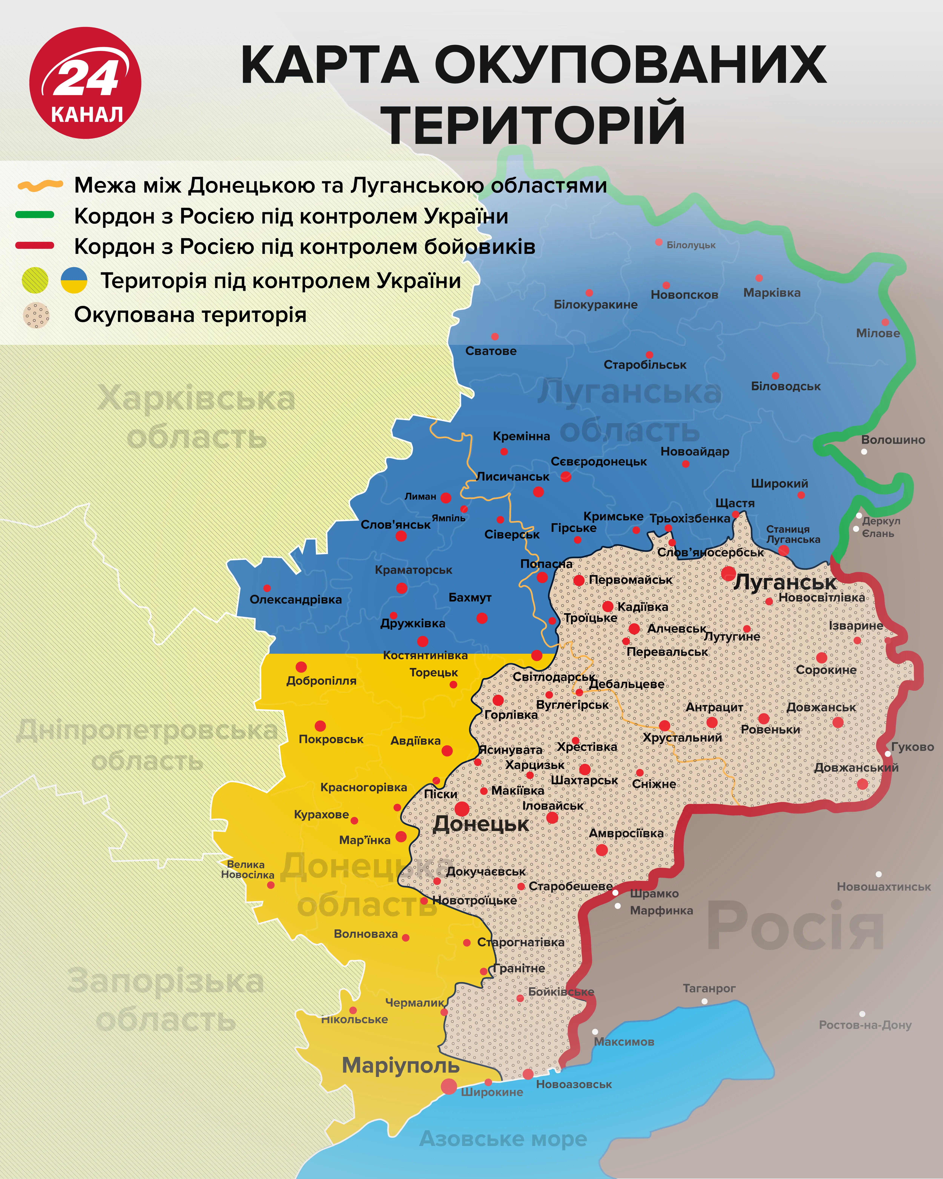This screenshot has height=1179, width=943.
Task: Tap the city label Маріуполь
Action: pyautogui.click(x=401, y=1065)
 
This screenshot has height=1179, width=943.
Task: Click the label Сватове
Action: pyautogui.click(x=491, y=351)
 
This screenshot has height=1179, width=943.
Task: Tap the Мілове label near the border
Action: pyautogui.click(x=877, y=333)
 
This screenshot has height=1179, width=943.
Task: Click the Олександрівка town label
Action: pyautogui.click(x=296, y=599)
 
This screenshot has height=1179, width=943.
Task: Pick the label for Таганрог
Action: pyautogui.click(x=709, y=988)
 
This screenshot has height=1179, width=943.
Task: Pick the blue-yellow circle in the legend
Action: pyautogui.click(x=74, y=280)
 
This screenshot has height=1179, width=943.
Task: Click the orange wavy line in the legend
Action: pyautogui.click(x=40, y=185)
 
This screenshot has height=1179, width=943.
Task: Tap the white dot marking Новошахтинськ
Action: pyautogui.click(x=879, y=874)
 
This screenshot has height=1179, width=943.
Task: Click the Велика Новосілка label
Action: pyautogui.click(x=247, y=869)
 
